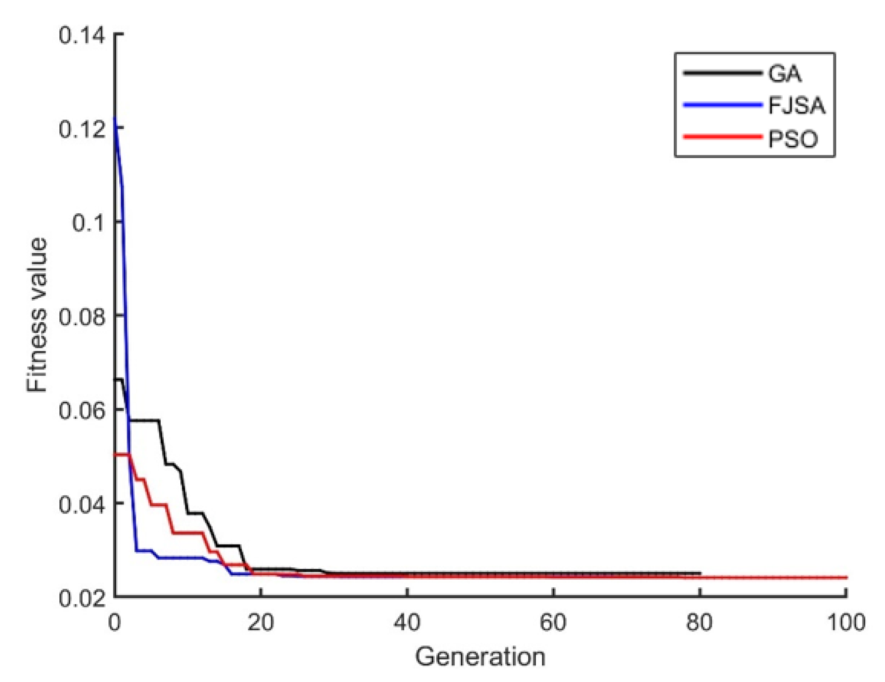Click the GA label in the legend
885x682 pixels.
point(785,74)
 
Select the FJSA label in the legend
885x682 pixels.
point(796,106)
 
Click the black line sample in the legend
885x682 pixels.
point(722,73)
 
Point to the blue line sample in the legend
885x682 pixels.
point(722,105)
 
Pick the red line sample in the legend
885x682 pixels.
point(722,137)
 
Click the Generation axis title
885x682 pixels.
point(480,657)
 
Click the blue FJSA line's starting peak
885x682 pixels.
point(115,118)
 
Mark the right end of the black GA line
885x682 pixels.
point(700,573)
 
